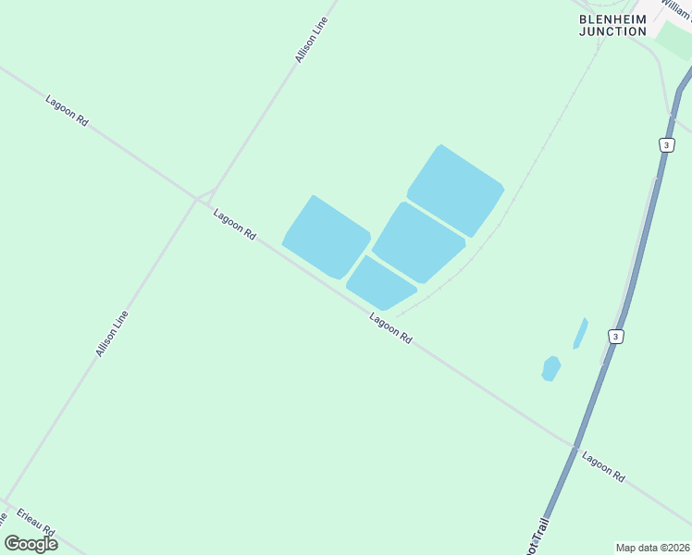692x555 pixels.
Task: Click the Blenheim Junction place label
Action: click(x=613, y=25)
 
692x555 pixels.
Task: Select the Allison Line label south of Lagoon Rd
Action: click(x=112, y=334)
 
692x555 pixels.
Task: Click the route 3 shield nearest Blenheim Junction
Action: click(x=666, y=145)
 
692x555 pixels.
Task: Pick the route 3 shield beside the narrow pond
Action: click(x=615, y=336)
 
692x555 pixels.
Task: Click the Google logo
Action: click(x=31, y=544)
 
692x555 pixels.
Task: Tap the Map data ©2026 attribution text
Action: click(x=653, y=548)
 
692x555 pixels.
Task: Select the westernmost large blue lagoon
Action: click(x=326, y=237)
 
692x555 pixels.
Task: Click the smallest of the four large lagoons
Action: click(x=380, y=283)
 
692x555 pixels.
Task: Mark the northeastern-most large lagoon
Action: click(x=455, y=191)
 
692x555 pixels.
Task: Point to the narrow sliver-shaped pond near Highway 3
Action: click(x=580, y=334)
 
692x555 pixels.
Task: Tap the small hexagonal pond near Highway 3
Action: click(x=550, y=368)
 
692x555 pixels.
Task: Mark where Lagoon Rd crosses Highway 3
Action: click(x=575, y=447)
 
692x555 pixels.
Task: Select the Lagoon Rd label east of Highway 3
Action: click(x=603, y=466)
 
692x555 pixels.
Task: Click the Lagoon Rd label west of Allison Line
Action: click(x=67, y=109)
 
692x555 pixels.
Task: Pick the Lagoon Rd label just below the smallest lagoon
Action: click(x=390, y=328)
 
